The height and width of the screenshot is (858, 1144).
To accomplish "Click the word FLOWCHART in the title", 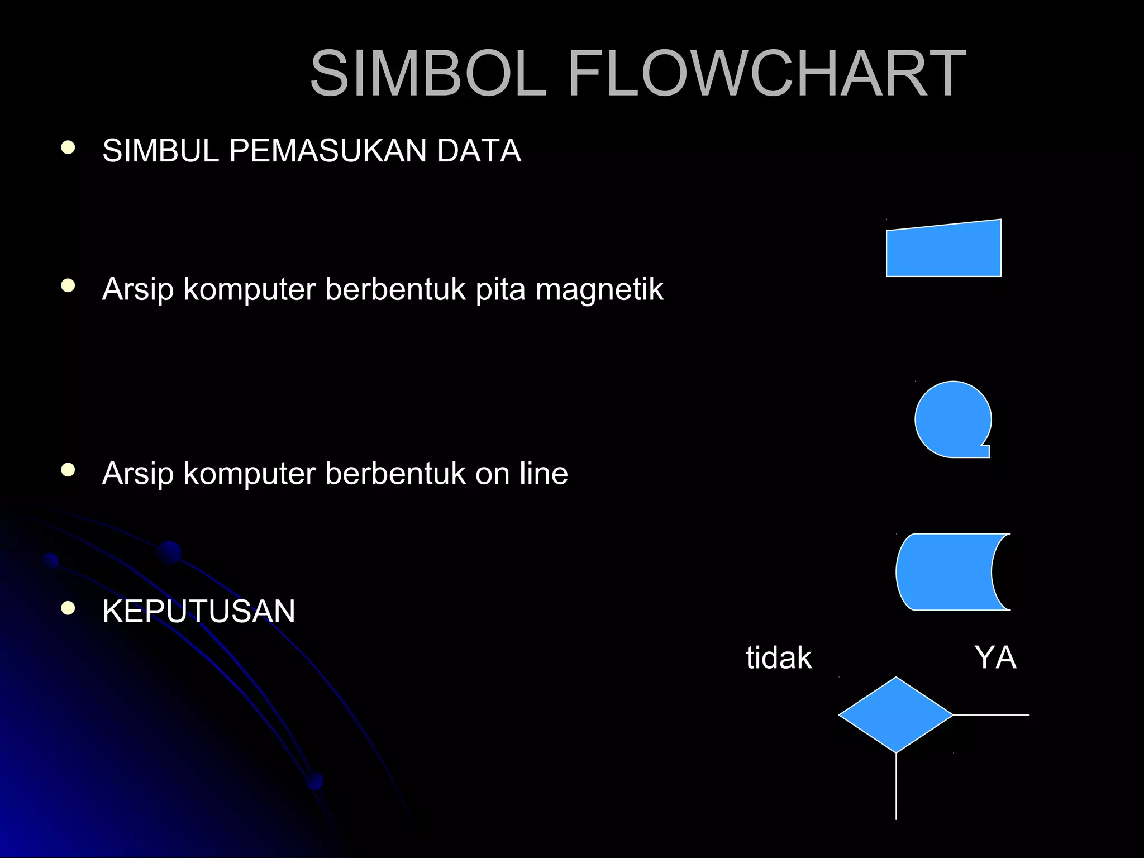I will click(766, 74).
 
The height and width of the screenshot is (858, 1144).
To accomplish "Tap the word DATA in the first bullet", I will click(479, 151).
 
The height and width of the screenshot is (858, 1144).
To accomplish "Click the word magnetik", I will click(599, 289).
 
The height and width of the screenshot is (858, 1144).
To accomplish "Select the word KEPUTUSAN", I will click(198, 611).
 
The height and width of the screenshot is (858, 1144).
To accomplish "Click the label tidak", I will click(778, 657).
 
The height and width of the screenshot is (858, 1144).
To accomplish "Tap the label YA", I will click(995, 657).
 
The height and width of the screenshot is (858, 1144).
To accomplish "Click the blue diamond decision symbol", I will click(895, 715).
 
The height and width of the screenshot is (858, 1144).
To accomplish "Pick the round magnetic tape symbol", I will click(952, 420).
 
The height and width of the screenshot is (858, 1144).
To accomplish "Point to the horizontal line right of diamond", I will click(992, 715).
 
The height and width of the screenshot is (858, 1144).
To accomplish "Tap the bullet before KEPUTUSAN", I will click(68, 608).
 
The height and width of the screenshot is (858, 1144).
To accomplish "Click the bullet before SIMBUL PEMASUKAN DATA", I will click(68, 148).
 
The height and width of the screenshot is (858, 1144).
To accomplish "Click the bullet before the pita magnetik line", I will click(68, 287).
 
